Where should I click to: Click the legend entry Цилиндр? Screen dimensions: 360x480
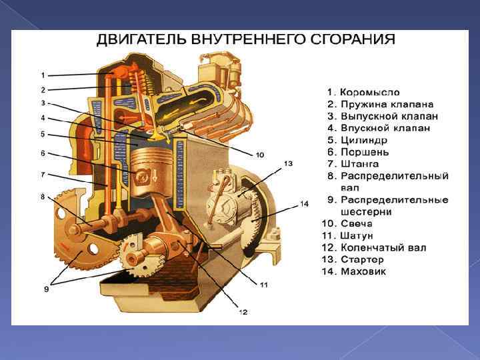(363, 140)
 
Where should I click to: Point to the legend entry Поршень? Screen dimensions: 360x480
(365, 152)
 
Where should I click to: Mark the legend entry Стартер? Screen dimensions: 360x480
(363, 260)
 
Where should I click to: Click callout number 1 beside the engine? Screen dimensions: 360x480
(43, 75)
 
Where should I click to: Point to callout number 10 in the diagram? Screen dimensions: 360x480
(260, 155)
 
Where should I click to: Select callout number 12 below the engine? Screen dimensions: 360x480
(243, 311)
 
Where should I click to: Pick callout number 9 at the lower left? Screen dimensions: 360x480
(46, 289)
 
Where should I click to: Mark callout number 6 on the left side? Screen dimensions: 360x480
(43, 153)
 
